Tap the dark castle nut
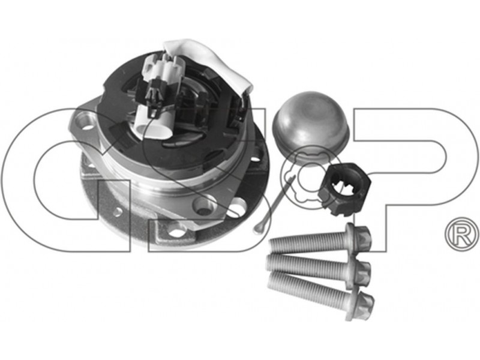[344, 190]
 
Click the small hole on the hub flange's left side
[118, 211]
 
